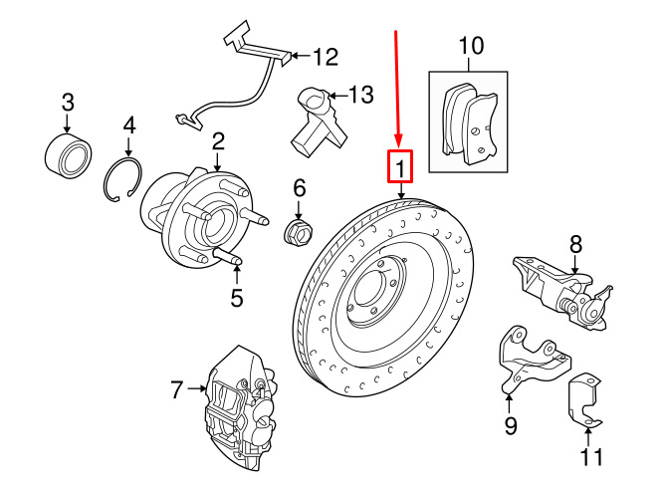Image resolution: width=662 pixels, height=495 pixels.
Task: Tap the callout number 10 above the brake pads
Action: point(470,45)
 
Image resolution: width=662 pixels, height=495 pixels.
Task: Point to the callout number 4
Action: point(128,126)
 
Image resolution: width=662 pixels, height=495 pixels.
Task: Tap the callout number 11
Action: point(591,457)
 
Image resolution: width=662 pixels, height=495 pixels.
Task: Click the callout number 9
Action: point(510,429)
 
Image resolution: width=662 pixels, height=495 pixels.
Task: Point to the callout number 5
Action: point(236,297)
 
